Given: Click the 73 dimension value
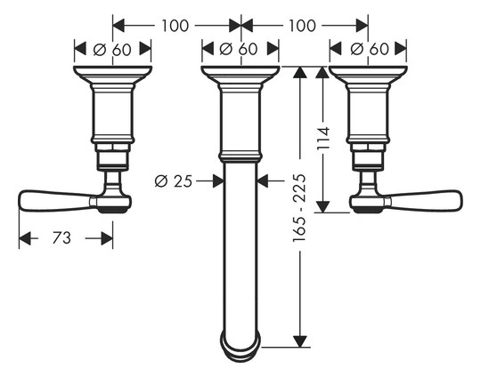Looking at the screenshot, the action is point(61,238).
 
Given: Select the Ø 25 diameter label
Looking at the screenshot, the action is point(174,181).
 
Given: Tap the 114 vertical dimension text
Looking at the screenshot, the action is point(323,138).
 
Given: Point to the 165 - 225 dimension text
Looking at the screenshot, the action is point(299,208).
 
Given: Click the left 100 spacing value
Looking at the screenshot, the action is point(175,26).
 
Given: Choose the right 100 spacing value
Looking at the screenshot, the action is point(302,26).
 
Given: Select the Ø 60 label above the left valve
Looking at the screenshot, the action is point(112,49).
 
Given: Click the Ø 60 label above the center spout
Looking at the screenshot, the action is point(239,49).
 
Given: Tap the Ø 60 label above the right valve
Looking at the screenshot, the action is point(370,49).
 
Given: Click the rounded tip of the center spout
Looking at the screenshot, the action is point(240,350).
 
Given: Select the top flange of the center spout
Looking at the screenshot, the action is point(240,75).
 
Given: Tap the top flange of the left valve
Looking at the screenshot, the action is point(112,75).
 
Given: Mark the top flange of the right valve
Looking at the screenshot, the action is point(368,75).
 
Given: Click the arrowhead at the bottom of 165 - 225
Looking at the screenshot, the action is point(299,341).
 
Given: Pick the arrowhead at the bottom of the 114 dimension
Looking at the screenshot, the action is point(322,206).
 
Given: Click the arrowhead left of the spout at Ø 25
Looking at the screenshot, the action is point(218,181).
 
